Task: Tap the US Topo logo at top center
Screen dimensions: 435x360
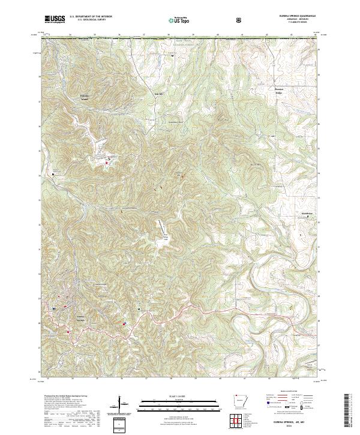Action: click(179, 20)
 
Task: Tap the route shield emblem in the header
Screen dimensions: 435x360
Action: click(240, 20)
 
